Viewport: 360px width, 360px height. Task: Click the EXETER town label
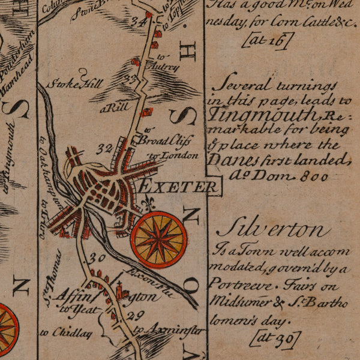[178, 187]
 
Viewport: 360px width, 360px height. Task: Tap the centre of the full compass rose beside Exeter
[158, 239]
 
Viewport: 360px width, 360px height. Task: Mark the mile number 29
[137, 314]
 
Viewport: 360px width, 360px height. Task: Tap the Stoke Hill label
[76, 84]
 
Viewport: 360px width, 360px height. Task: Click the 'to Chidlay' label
[66, 332]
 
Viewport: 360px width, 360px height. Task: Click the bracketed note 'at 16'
[268, 41]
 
